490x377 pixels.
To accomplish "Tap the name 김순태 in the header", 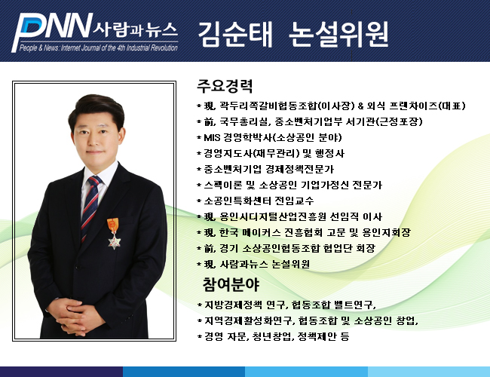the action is pyautogui.click(x=236, y=34).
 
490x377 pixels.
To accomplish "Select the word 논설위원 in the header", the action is pyautogui.click(x=338, y=34).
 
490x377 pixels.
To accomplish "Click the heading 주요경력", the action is pyautogui.click(x=225, y=86).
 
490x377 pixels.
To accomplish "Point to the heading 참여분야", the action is pyautogui.click(x=231, y=284).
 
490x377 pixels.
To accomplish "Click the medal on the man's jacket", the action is pyautogui.click(x=114, y=234).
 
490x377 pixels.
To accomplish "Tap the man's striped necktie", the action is pyautogui.click(x=90, y=207).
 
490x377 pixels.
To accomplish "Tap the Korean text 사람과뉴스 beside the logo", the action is pyautogui.click(x=135, y=29).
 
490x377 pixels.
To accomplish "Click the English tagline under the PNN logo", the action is pyautogui.click(x=99, y=48).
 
